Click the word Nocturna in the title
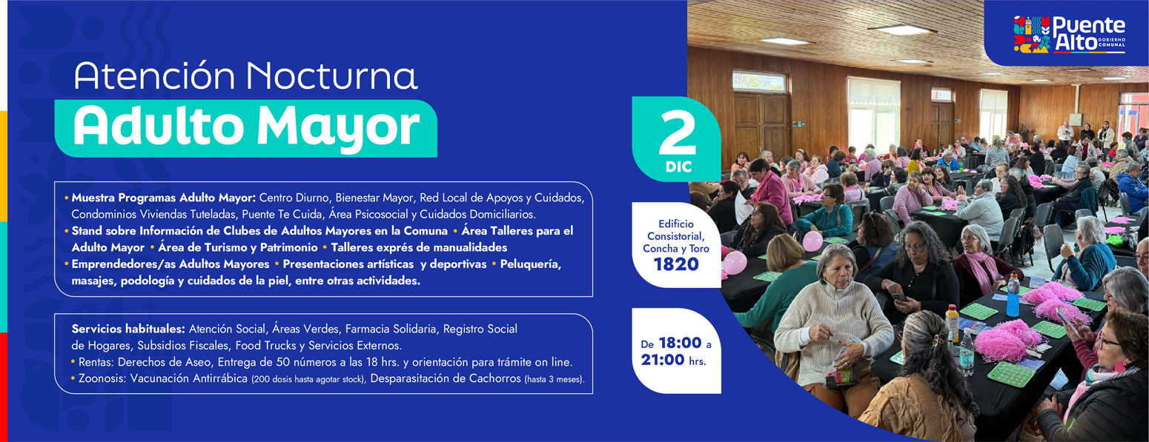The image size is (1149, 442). [331, 76]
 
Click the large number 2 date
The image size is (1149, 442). [678, 133]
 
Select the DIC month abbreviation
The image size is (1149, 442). [678, 167]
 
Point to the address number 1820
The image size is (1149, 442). [676, 264]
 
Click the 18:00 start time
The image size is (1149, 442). [681, 343]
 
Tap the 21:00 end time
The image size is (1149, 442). [663, 360]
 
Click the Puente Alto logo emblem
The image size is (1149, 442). [1032, 34]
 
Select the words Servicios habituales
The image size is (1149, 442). [128, 329]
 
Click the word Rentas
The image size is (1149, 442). [96, 362]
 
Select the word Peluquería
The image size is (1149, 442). [530, 264]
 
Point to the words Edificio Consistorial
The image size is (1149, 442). [675, 230]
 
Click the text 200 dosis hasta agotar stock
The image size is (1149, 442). [308, 380]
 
